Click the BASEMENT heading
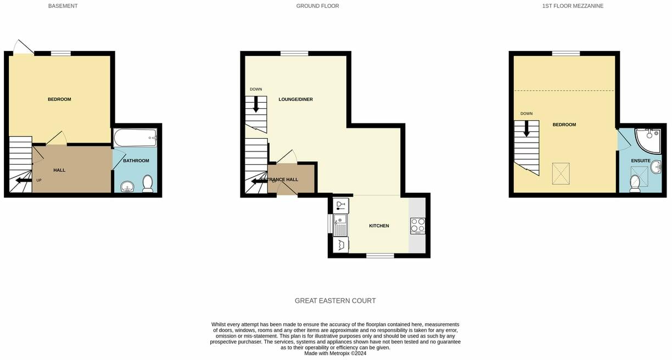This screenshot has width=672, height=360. pos(63,6)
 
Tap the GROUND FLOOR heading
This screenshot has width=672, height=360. pos(317,6)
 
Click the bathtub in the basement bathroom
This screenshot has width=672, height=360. pos(135,137)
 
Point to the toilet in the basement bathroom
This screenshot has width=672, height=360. pos(148,183)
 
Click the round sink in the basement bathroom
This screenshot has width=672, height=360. pos(127,187)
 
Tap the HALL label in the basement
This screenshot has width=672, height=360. pos(59,170)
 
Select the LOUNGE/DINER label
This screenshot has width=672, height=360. pos(295,99)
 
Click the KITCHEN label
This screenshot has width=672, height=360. pos(379,226)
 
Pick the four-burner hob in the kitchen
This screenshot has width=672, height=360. pos(417,226)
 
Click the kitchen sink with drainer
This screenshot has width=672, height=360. pos(340,225)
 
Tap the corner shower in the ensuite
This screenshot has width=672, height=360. pos(647,140)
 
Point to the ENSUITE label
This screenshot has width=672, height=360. pos(641,161)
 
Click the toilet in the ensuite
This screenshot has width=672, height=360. pos(635,183)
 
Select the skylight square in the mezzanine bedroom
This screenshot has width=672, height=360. pos(561,173)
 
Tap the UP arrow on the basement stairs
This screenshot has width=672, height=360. pos(24,180)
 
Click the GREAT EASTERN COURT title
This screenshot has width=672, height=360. pos(335,301)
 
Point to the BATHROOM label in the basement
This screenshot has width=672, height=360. pos(136,161)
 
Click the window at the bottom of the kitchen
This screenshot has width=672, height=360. pos(380,256)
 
